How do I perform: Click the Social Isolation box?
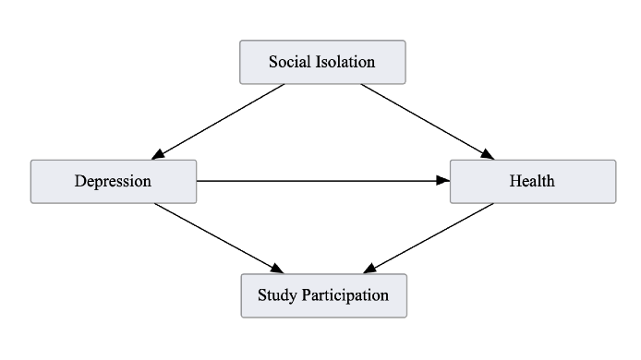coord(322,62)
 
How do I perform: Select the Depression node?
coord(113,181)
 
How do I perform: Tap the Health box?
coord(532,181)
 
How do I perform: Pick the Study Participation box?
coord(322,295)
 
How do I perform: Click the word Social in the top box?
coord(289,62)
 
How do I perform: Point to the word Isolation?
coord(344,62)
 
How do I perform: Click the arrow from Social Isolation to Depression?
coord(222,121)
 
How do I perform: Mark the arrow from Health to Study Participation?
coord(429,237)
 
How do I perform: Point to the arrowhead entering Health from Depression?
coord(443,181)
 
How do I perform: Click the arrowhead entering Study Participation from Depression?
coord(276,270)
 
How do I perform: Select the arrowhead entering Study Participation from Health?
coord(369,270)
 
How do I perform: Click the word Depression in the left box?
coord(113,181)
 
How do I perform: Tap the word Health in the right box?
coord(532,181)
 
